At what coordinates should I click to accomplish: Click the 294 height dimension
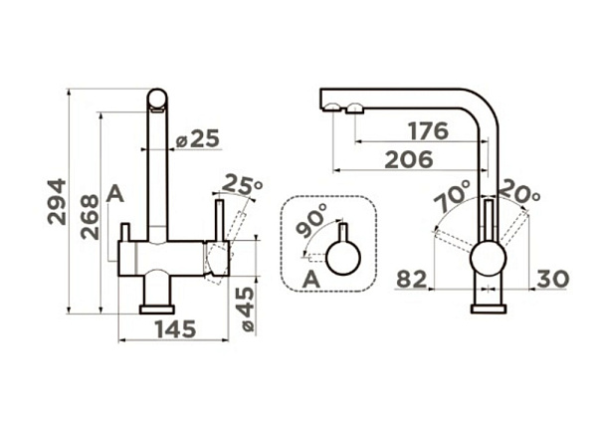pyautogui.click(x=57, y=201)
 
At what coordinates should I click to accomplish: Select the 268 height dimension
pyautogui.click(x=90, y=217)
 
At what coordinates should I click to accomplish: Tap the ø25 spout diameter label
pyautogui.click(x=198, y=138)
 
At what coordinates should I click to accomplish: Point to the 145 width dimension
pyautogui.click(x=175, y=329)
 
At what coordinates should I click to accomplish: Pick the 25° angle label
pyautogui.click(x=242, y=184)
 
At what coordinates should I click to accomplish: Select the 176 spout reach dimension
pyautogui.click(x=428, y=131)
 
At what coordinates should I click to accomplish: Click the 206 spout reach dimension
pyautogui.click(x=409, y=159)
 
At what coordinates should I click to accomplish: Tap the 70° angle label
pyautogui.click(x=453, y=196)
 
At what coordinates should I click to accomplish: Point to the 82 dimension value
pyautogui.click(x=412, y=279)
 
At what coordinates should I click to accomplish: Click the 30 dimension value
pyautogui.click(x=553, y=279)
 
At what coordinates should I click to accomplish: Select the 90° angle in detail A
pyautogui.click(x=311, y=220)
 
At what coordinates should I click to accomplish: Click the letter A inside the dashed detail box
pyautogui.click(x=311, y=280)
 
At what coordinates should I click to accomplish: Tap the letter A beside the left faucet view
pyautogui.click(x=115, y=194)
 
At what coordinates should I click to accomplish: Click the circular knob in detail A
pyautogui.click(x=343, y=258)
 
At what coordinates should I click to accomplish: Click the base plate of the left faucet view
pyautogui.click(x=157, y=310)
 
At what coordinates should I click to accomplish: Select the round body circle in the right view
pyautogui.click(x=489, y=259)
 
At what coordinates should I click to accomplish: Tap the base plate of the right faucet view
pyautogui.click(x=489, y=310)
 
